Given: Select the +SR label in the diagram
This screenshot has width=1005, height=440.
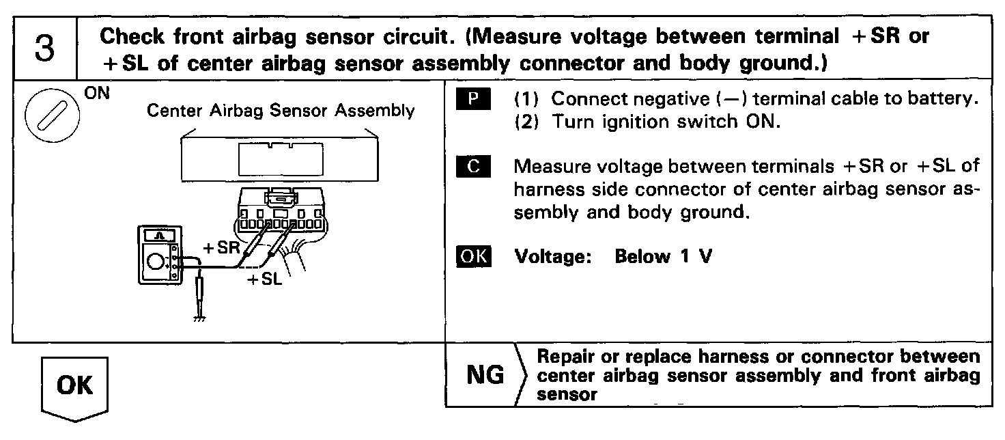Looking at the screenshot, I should click(221, 247).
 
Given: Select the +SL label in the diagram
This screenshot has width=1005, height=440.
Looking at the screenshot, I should click(264, 279).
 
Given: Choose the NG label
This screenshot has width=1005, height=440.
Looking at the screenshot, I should click(484, 374).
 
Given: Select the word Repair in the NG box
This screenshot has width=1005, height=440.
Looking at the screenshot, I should click(561, 357).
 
